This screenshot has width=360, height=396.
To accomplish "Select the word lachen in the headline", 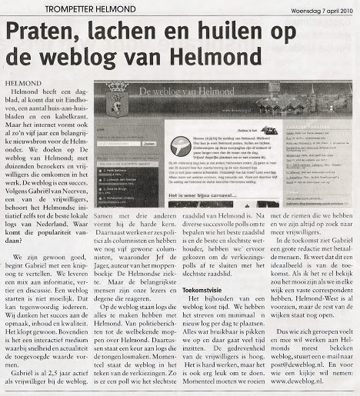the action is [x=148, y=32].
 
